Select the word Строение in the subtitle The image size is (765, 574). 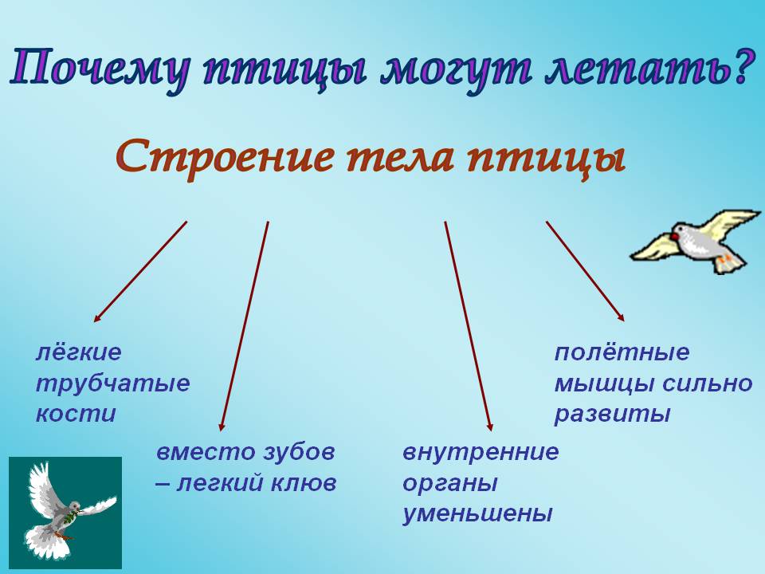[226, 155]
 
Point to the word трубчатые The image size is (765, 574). [112, 384]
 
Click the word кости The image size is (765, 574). [76, 414]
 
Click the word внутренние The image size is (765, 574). [481, 452]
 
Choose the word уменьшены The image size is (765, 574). [477, 514]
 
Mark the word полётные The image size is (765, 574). [622, 352]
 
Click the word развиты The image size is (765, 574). [612, 415]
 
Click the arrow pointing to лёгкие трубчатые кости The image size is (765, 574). [140, 271]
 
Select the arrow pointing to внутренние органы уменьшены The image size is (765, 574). [469, 326]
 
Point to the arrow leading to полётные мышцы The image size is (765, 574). [585, 271]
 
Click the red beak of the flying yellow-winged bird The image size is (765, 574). [674, 237]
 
